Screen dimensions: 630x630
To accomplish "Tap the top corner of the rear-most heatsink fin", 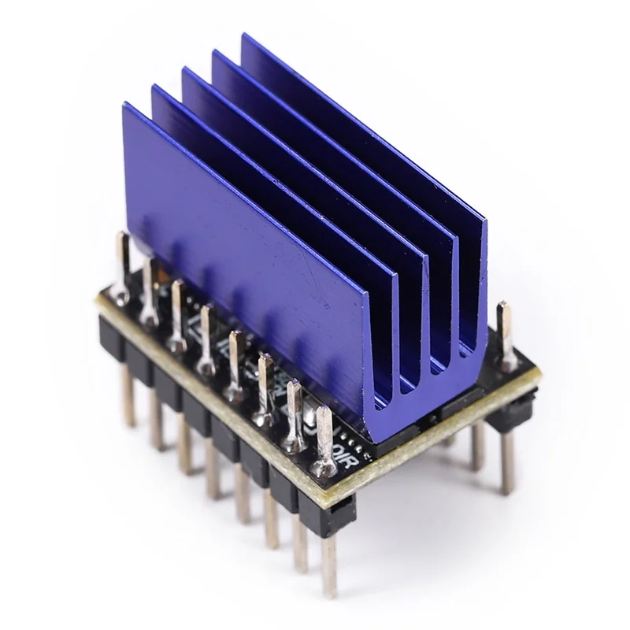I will point(244,36).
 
